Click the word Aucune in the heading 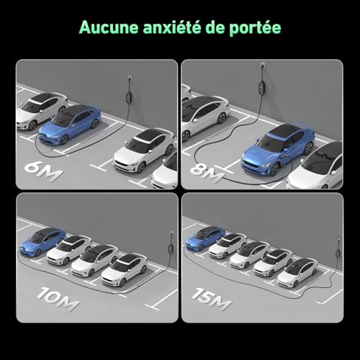(109, 27)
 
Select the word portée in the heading (255, 28)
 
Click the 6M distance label (43, 171)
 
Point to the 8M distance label (206, 173)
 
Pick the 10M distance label (58, 299)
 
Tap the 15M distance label (211, 299)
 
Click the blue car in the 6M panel (70, 124)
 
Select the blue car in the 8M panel (279, 148)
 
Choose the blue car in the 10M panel (42, 242)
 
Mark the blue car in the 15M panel (205, 238)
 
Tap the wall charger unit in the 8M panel (261, 86)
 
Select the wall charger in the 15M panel (338, 253)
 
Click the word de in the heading (215, 27)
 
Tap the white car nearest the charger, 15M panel (297, 273)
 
